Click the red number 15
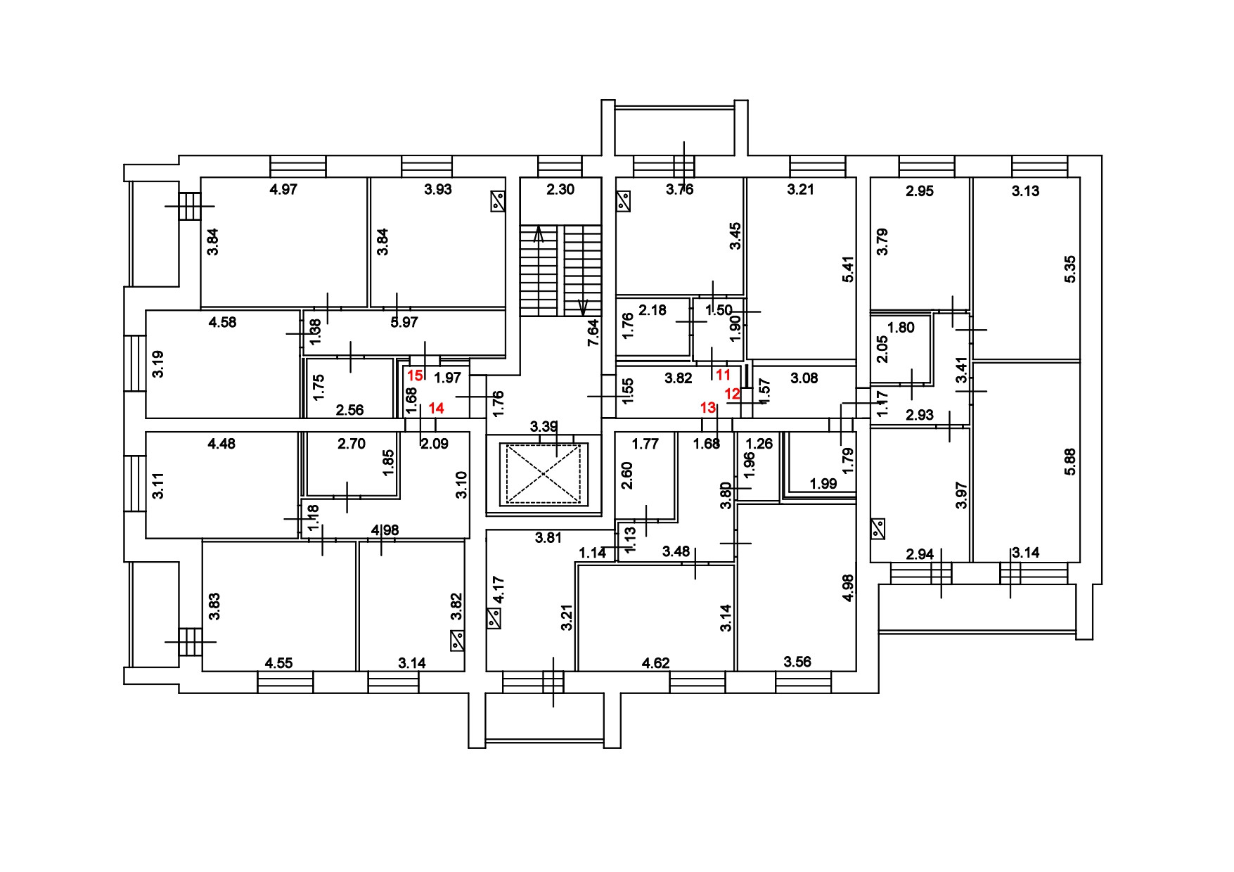click(x=415, y=376)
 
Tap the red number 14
click(x=436, y=407)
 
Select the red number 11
click(x=723, y=375)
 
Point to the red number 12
click(x=732, y=394)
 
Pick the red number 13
click(x=707, y=407)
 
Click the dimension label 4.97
click(x=284, y=189)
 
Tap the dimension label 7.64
click(x=593, y=332)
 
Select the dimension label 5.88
click(x=1070, y=461)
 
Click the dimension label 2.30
click(x=560, y=189)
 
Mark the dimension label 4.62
click(x=655, y=662)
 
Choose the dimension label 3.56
click(x=797, y=662)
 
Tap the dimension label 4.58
click(x=222, y=323)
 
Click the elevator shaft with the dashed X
click(x=544, y=473)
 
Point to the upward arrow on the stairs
click(x=539, y=233)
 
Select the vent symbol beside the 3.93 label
click(x=498, y=202)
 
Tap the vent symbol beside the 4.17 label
click(x=494, y=619)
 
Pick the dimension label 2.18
click(x=652, y=310)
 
